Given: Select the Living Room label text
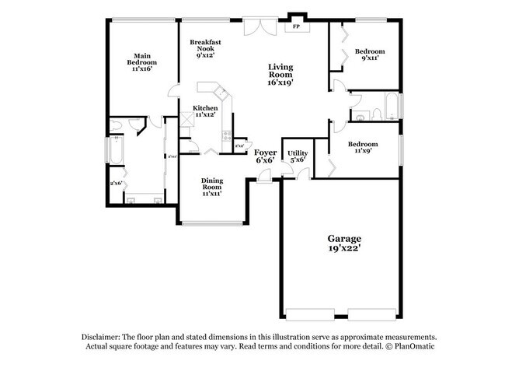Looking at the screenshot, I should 280,73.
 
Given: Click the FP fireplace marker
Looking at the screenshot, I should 295,26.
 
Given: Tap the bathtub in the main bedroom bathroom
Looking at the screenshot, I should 113,149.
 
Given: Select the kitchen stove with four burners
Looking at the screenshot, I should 227,140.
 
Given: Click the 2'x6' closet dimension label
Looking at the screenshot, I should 117,184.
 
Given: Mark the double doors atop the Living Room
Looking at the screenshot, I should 256,26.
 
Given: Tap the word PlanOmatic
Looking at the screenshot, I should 413,346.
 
